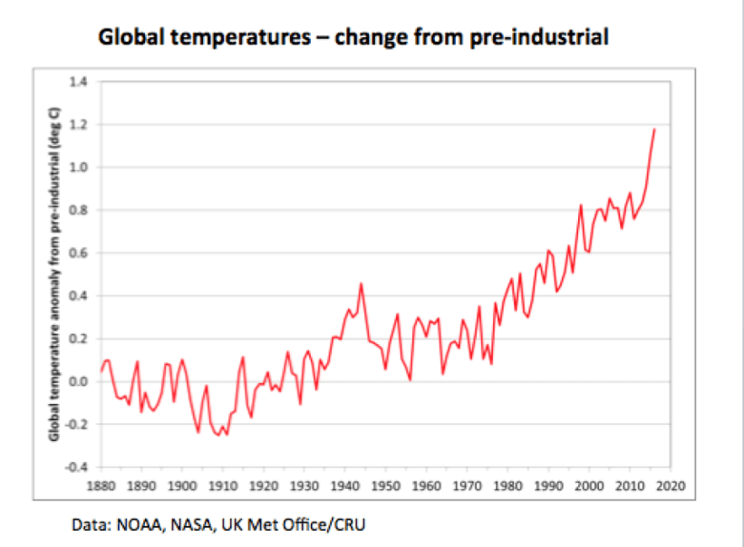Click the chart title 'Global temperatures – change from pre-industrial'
(353, 37)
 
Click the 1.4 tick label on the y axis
(80, 82)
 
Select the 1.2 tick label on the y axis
(80, 124)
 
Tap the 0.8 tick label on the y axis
(80, 210)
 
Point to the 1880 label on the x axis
(101, 485)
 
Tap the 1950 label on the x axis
(386, 485)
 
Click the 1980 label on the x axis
(507, 485)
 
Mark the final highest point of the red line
(654, 130)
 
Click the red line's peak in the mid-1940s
(362, 283)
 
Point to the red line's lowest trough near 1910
(227, 435)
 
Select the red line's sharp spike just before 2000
(581, 206)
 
